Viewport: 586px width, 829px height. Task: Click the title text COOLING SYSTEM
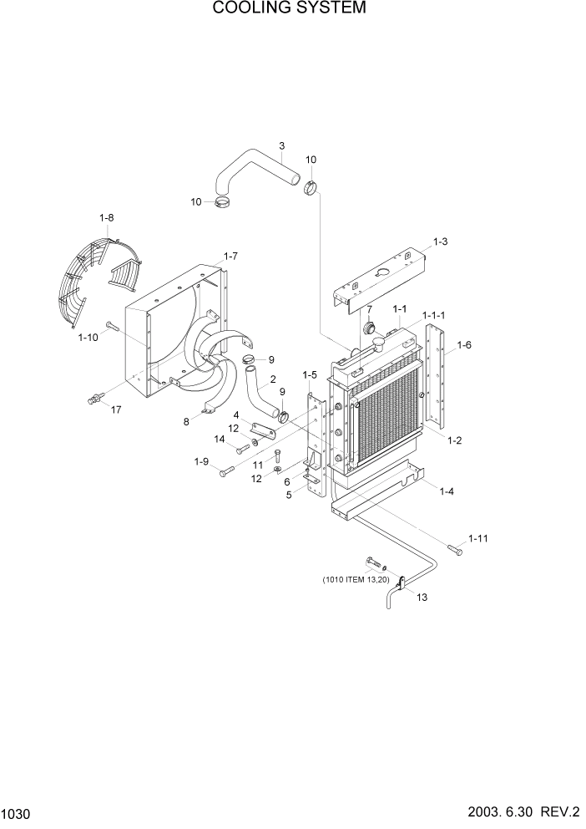tap(290, 9)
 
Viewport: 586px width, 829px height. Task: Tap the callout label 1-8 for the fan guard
tap(106, 218)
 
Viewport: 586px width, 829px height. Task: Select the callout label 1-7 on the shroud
tap(231, 256)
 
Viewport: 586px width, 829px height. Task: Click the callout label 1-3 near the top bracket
tap(440, 242)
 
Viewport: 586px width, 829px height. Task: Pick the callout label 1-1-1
tap(433, 314)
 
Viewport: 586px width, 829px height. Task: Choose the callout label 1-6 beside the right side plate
tap(464, 344)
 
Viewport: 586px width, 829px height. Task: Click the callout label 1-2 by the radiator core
tap(455, 440)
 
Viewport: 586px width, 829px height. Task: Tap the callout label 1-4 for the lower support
tap(447, 491)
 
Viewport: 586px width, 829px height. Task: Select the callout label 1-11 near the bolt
tap(477, 539)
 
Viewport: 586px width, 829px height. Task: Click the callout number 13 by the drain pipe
tap(422, 597)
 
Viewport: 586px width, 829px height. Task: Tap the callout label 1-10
tap(88, 338)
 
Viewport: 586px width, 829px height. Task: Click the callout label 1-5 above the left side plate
tap(310, 374)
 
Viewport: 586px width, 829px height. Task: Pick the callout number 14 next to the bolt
tap(220, 439)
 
